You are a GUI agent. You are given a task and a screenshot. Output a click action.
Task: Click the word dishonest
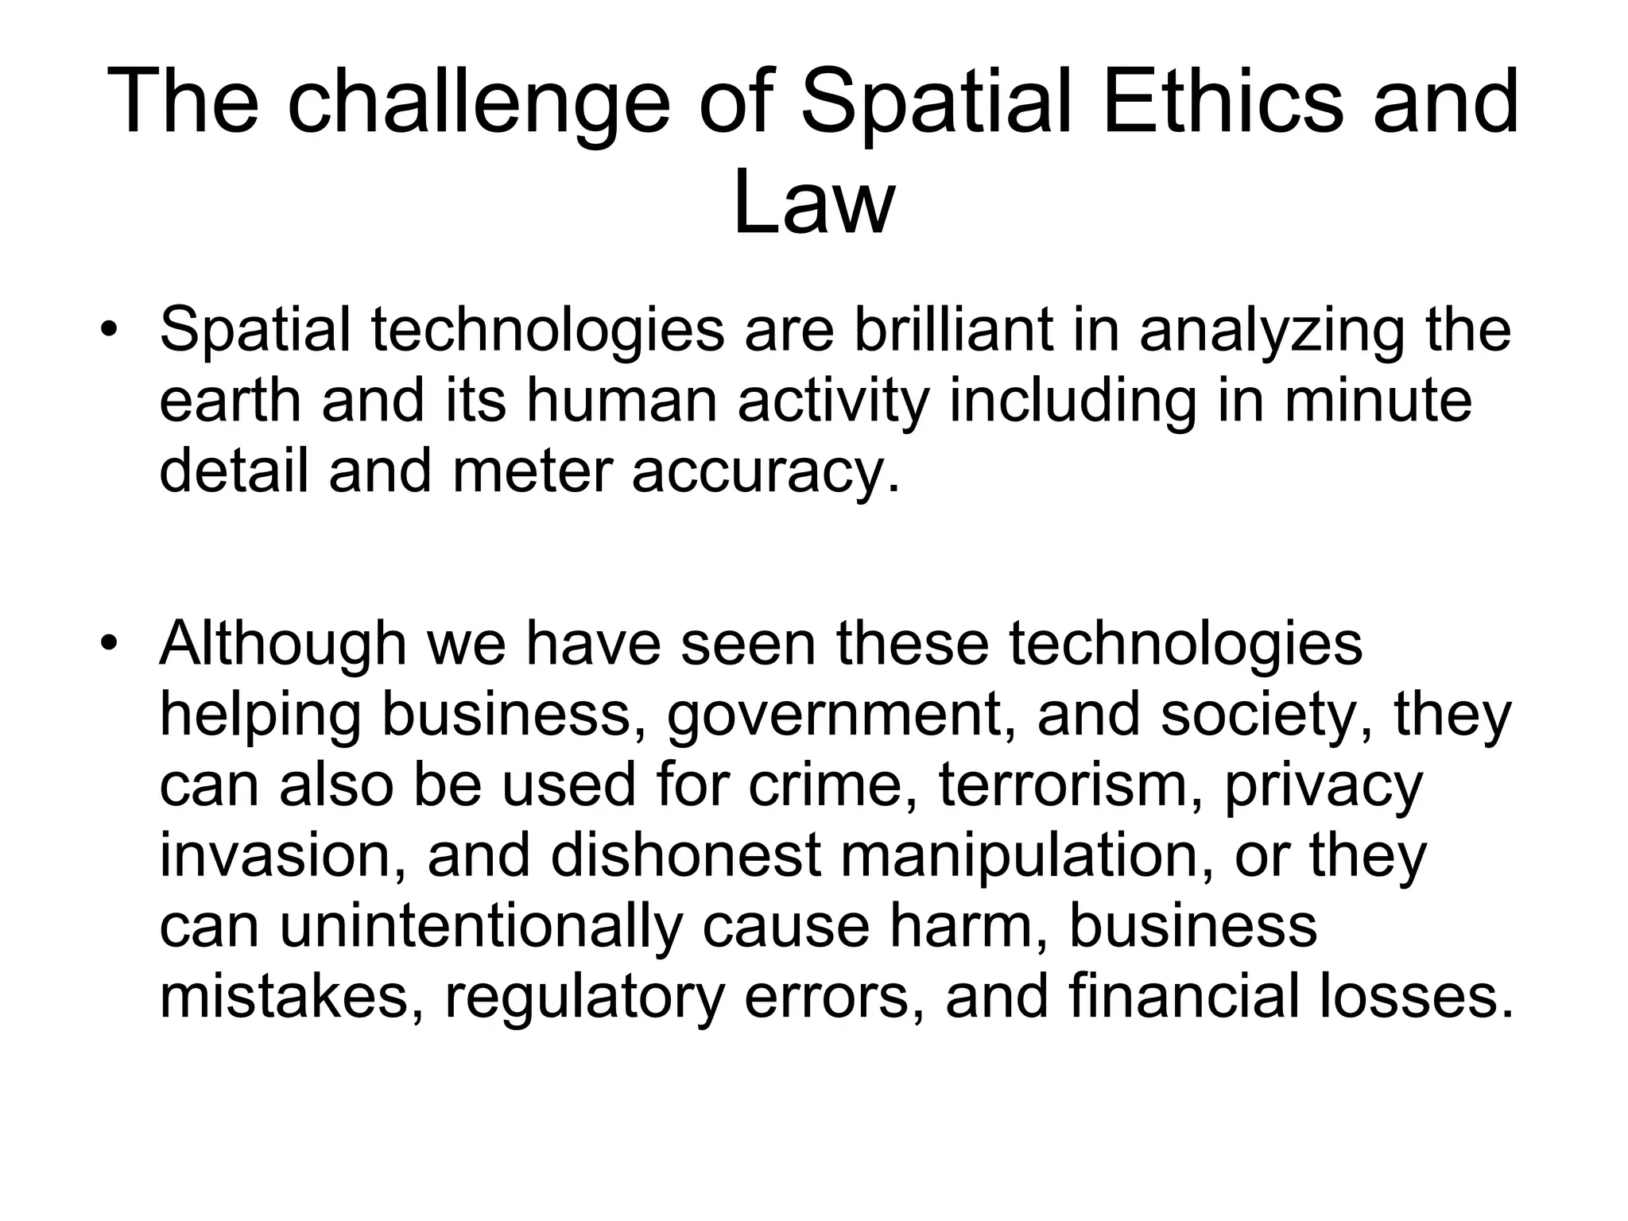pyautogui.click(x=686, y=855)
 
